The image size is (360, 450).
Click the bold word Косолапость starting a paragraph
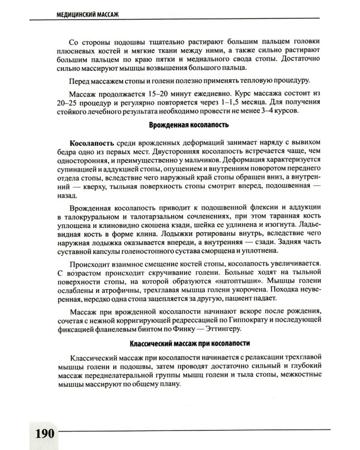pos(91,144)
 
